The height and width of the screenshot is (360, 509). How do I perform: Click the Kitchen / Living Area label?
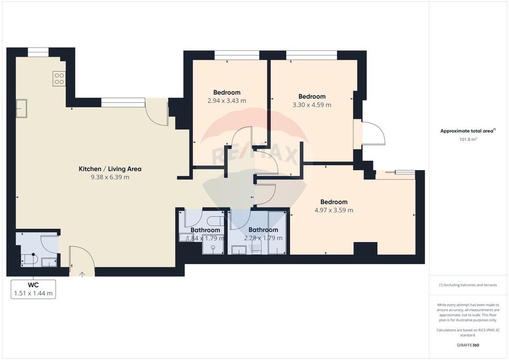pos(110,169)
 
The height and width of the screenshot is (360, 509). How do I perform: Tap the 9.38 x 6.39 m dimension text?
pos(110,177)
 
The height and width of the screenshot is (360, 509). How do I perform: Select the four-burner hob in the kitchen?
pos(59,79)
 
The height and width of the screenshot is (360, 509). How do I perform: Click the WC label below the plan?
pos(33,285)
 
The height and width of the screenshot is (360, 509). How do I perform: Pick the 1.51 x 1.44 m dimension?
pos(33,293)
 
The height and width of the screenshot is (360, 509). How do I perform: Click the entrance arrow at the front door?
pos(82,274)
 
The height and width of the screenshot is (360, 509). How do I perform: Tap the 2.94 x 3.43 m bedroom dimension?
pos(226,101)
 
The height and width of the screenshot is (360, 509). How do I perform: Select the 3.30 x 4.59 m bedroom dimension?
pos(312,105)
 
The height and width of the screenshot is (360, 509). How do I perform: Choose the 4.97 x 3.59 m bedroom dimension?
pos(334,210)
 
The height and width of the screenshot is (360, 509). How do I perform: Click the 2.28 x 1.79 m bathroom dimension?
pos(263,238)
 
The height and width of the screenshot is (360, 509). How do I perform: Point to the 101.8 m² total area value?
pos(468,139)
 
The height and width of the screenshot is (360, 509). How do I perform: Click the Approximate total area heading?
pos(467,130)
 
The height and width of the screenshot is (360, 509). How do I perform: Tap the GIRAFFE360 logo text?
pos(468,345)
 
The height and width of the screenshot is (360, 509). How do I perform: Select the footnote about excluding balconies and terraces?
pos(468,285)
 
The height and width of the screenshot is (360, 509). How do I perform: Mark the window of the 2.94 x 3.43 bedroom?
pos(237,55)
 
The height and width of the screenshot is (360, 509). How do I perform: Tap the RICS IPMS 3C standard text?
pos(468,332)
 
